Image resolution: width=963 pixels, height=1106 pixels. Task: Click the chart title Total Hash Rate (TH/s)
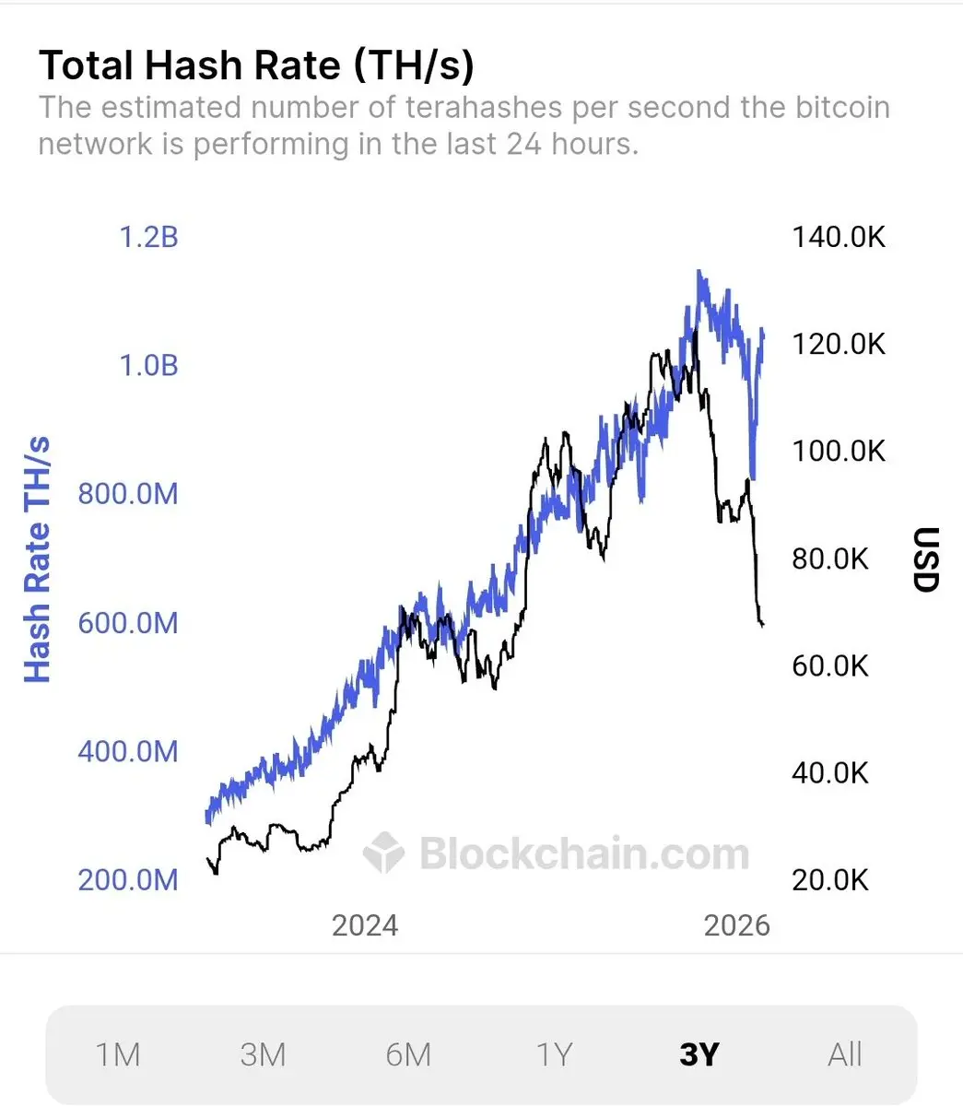coord(256,66)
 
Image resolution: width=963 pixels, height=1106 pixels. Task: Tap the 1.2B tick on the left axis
coord(148,238)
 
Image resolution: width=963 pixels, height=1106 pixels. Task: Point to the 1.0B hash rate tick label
coord(148,366)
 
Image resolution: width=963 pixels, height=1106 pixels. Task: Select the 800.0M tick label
coord(128,494)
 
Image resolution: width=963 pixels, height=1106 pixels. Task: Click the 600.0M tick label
coord(128,623)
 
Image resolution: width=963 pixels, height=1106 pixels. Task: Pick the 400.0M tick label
coord(128,751)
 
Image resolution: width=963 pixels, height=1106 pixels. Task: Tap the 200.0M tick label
coord(128,879)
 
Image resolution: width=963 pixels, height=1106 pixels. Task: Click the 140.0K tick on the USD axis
coord(839,238)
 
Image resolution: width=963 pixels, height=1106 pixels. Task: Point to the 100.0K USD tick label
coord(839,452)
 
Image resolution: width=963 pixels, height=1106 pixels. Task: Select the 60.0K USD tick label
coord(830,665)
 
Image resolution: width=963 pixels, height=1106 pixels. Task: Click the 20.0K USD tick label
coord(830,879)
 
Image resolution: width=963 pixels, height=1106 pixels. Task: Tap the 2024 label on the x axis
coord(365,925)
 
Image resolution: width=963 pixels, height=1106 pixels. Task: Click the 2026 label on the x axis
coord(736,925)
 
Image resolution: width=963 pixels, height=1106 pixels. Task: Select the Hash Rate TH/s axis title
coord(37,560)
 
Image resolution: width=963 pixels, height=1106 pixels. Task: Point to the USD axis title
coord(925,559)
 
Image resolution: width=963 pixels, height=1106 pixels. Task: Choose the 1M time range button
coord(118,1054)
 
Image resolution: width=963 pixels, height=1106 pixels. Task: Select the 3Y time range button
coord(699,1054)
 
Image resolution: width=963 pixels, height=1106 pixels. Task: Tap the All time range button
coord(844,1054)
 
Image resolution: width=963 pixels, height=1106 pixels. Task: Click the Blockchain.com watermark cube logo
coord(383,853)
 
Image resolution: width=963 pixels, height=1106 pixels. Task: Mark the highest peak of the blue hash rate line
coord(699,271)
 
